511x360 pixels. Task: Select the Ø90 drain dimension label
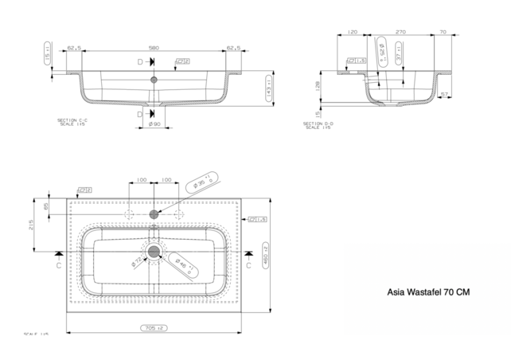155,125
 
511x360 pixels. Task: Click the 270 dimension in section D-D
401,33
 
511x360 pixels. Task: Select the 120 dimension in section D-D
352,33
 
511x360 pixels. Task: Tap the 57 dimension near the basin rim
445,94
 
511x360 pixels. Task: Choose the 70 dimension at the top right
442,33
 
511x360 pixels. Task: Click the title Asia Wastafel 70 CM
427,292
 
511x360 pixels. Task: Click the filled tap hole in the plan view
155,214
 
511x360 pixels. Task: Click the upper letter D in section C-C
141,62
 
